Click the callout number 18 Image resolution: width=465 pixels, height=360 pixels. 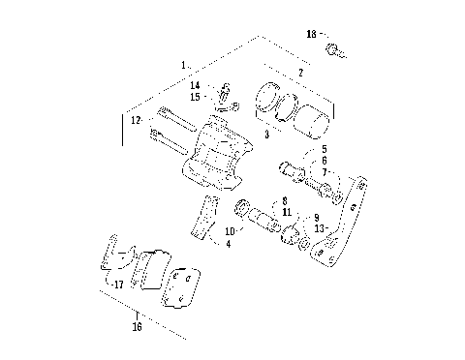[311, 34]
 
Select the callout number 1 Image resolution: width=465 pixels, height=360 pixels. [183, 64]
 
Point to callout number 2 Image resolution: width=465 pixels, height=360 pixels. [300, 73]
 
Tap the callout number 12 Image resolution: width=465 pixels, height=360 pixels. [137, 120]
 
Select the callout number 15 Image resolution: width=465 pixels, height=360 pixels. [195, 98]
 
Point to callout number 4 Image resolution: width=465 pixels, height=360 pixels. [228, 245]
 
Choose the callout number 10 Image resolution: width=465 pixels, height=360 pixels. [229, 231]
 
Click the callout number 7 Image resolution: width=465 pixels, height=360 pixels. [325, 171]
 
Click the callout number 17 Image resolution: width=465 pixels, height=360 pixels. [119, 285]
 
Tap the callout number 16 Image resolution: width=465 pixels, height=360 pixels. [137, 327]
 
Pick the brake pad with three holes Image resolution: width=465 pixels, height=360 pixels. [178, 288]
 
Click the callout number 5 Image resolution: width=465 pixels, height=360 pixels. [325, 149]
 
